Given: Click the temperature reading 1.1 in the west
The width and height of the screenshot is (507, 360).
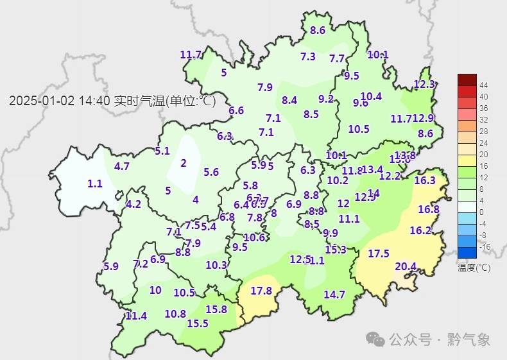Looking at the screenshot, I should (x=95, y=184).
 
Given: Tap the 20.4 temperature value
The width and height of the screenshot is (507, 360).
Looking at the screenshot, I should (x=405, y=266).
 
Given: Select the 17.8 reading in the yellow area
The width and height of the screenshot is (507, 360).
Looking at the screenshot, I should (x=261, y=291).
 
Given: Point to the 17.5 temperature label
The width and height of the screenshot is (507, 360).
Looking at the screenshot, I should (x=379, y=253).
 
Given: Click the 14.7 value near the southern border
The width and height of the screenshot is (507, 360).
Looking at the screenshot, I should (x=334, y=295).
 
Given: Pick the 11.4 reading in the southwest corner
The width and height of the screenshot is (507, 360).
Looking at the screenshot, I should (x=136, y=316).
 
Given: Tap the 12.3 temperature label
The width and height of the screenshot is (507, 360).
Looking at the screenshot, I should (x=424, y=84).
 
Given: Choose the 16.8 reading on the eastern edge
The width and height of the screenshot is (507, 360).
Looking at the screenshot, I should (x=429, y=209).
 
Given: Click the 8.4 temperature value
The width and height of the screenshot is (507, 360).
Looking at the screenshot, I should (x=289, y=100).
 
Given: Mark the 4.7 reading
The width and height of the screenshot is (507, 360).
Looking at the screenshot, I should (x=122, y=166).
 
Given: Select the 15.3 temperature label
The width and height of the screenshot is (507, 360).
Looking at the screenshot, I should (x=336, y=250).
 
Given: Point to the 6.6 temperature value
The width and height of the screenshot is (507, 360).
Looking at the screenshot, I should (x=236, y=110).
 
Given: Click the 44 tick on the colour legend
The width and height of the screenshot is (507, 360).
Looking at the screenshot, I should (x=484, y=85).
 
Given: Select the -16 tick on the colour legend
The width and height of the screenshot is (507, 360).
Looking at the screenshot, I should (x=485, y=246).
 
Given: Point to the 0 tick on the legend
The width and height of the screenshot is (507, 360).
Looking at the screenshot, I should (x=481, y=212).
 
